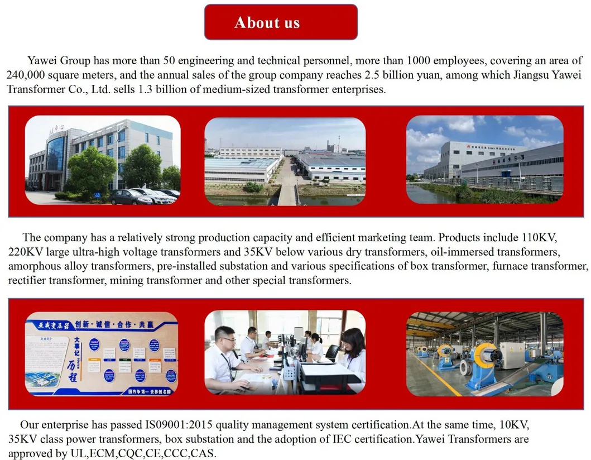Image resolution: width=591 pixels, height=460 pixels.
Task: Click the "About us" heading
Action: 267,22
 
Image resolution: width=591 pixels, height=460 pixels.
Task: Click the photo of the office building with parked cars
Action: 103,160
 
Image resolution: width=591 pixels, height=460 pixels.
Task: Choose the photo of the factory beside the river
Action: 484,160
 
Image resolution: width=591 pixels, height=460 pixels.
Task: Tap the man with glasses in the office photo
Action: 226,357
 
